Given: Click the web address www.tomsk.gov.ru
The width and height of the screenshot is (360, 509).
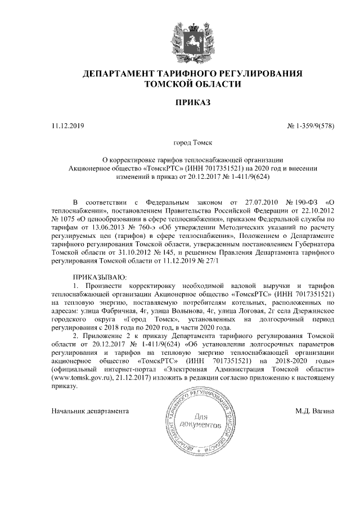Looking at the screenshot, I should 80,379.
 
